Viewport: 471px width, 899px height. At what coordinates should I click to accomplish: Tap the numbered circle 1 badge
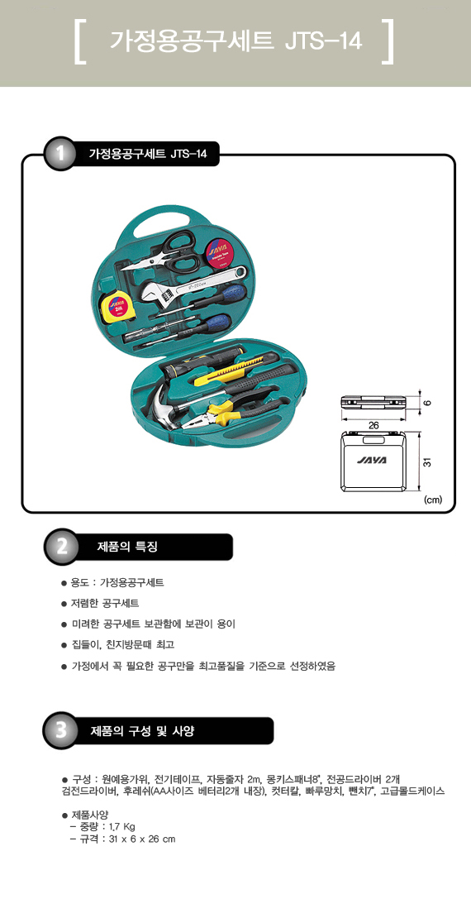(x=59, y=154)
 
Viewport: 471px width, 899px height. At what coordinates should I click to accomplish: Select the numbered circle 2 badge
(x=59, y=546)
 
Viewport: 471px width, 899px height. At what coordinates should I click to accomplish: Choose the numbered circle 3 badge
(x=59, y=730)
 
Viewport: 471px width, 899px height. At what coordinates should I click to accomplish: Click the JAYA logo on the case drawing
(x=373, y=460)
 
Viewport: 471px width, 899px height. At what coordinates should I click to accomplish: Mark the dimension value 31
(x=426, y=461)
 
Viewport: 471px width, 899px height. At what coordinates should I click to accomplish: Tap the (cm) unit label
(x=433, y=500)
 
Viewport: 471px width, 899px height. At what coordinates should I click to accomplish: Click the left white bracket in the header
(x=80, y=42)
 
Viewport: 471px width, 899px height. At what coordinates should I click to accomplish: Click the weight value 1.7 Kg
(x=122, y=826)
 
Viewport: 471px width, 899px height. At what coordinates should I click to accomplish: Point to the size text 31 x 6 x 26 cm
(x=141, y=839)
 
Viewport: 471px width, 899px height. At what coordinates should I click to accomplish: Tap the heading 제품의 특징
(x=126, y=547)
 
